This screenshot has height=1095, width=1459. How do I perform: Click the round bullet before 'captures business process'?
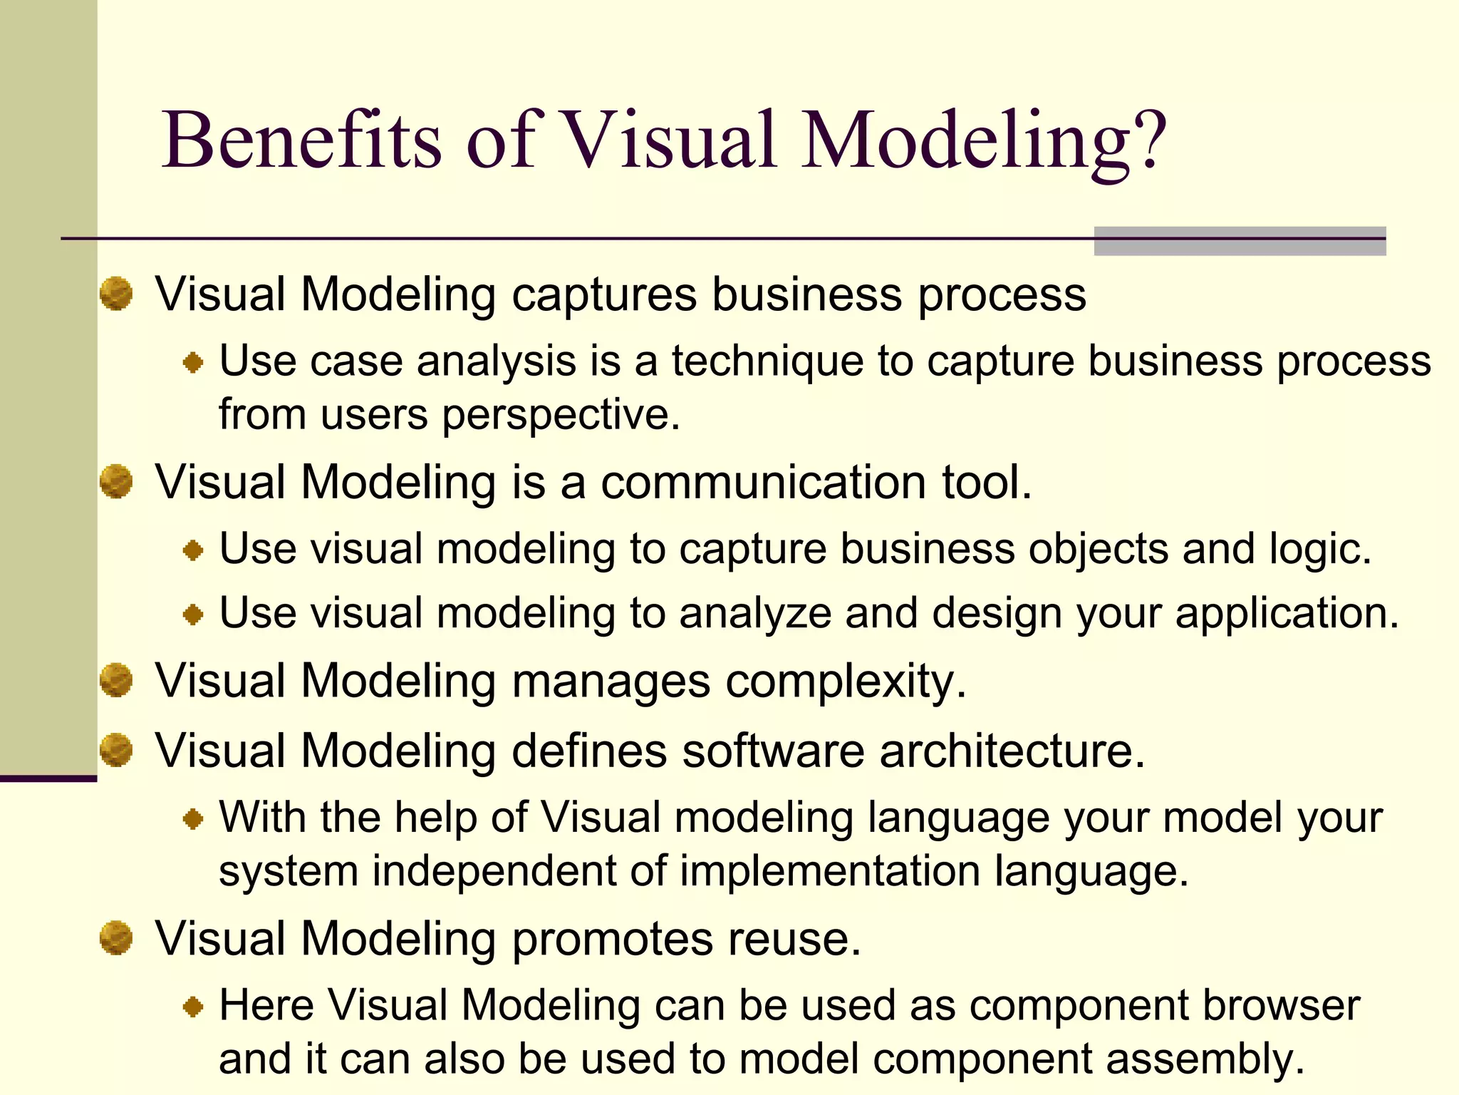click(x=116, y=294)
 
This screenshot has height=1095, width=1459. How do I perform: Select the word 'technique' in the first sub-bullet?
click(x=767, y=361)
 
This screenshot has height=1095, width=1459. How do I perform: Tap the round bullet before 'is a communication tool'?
click(x=116, y=481)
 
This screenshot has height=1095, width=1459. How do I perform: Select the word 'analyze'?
click(x=755, y=613)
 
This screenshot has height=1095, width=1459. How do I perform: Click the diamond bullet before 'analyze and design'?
click(x=193, y=614)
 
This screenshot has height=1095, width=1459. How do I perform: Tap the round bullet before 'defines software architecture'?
click(x=116, y=750)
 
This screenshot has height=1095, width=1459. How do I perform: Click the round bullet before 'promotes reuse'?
click(x=116, y=937)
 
